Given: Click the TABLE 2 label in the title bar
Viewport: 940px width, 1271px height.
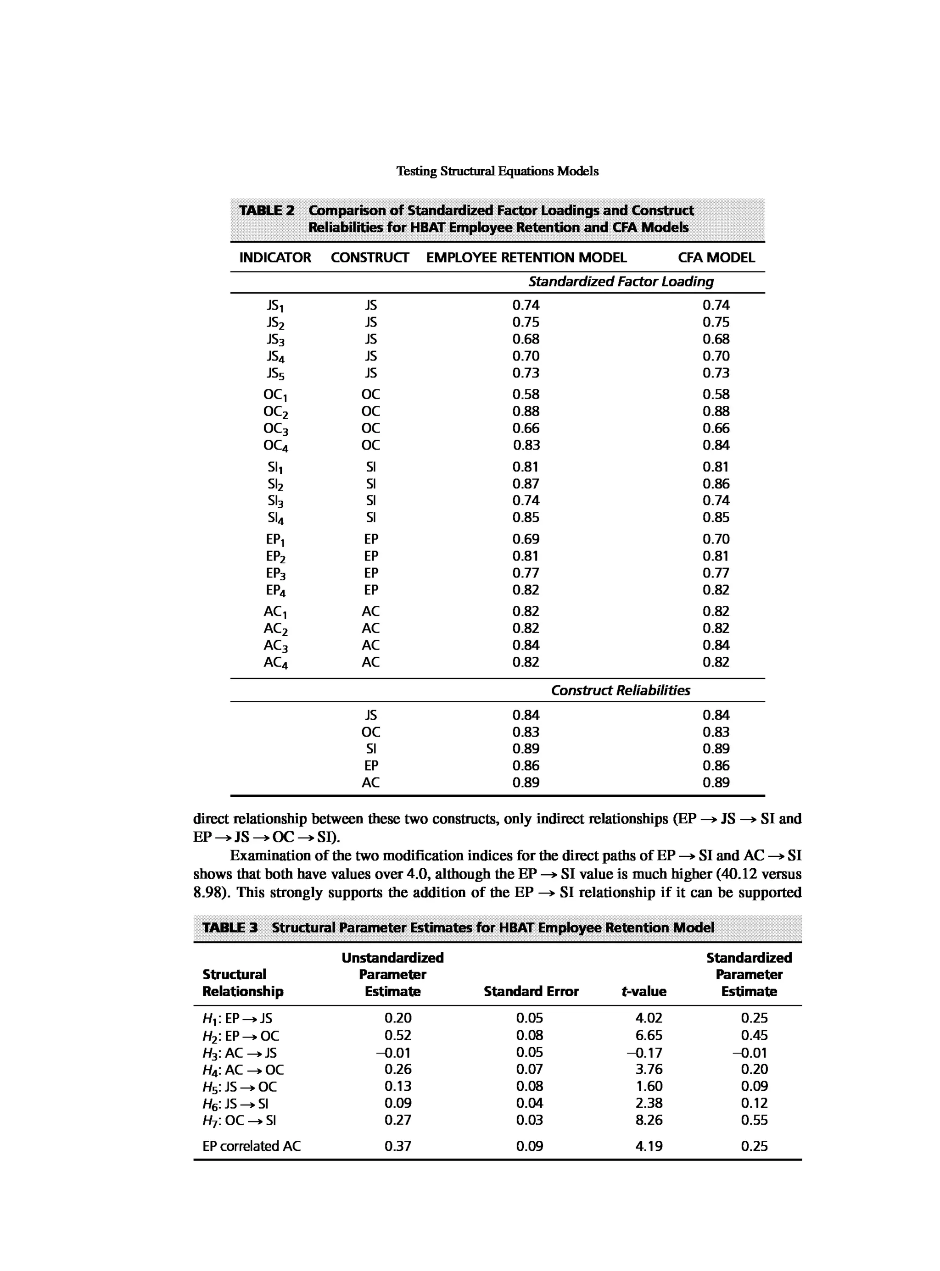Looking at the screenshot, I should coord(266,211).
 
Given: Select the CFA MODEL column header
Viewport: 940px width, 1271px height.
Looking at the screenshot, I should coord(716,258).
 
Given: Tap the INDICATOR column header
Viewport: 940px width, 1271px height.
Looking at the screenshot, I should coord(275,258).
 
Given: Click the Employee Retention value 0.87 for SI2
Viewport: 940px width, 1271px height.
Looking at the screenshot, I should coord(525,484).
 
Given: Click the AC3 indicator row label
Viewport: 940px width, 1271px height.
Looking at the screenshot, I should coord(275,646).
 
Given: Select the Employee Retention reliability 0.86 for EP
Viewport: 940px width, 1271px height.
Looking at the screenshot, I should coord(525,766).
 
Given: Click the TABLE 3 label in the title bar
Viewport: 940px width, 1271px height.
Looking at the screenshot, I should coord(230,927).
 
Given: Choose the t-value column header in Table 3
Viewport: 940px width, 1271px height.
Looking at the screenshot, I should coord(643,991).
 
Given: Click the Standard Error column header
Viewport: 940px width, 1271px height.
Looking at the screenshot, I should coord(531,991).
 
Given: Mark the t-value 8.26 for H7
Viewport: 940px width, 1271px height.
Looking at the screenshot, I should coord(649,1120).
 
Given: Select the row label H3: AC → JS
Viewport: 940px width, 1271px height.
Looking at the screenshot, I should coord(240,1053).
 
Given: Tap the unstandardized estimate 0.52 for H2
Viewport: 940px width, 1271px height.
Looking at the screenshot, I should coord(398,1036).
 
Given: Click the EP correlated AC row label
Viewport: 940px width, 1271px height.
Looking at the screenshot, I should coord(251,1146).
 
